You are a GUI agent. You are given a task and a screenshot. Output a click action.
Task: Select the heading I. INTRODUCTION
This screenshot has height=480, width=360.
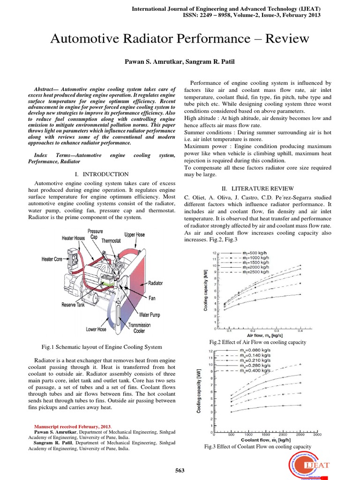point(105,174)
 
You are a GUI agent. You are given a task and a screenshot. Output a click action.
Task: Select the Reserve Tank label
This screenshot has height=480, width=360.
point(75,305)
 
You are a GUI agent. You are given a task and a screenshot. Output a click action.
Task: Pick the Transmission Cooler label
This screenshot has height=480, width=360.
point(139,328)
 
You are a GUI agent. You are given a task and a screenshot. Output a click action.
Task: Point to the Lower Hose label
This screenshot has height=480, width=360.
point(98,329)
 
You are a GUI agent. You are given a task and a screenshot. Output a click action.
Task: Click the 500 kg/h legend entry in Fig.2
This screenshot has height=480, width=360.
point(255,253)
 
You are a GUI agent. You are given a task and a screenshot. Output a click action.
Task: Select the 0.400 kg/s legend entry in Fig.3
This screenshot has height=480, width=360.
point(256,370)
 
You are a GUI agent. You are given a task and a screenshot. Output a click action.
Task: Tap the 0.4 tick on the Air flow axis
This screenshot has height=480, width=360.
point(300,330)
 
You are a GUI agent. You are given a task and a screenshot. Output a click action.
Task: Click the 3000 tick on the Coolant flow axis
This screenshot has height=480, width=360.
point(317,435)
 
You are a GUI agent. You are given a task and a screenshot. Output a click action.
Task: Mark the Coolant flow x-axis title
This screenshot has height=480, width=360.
point(267,441)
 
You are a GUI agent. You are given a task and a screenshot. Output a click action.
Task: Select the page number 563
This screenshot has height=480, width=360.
point(180,471)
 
